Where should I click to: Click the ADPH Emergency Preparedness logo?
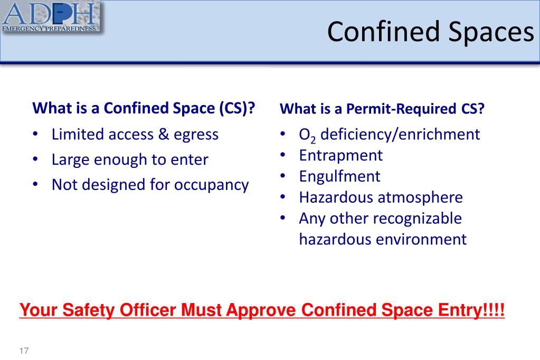coord(50,16)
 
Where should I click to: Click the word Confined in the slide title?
coord(384,31)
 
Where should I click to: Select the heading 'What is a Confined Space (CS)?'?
coord(144,108)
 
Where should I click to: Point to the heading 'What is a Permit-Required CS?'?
coord(382,109)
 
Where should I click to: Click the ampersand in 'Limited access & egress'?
coord(164,135)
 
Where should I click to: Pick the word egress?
coord(196,135)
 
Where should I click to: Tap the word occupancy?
coord(212,185)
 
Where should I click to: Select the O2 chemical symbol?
coord(307,135)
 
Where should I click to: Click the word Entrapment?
coord(340,156)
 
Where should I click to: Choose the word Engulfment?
coord(339,177)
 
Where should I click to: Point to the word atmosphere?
coord(420,197)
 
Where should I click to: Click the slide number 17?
coord(24,350)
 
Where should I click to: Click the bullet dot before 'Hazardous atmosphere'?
coord(283,197)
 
